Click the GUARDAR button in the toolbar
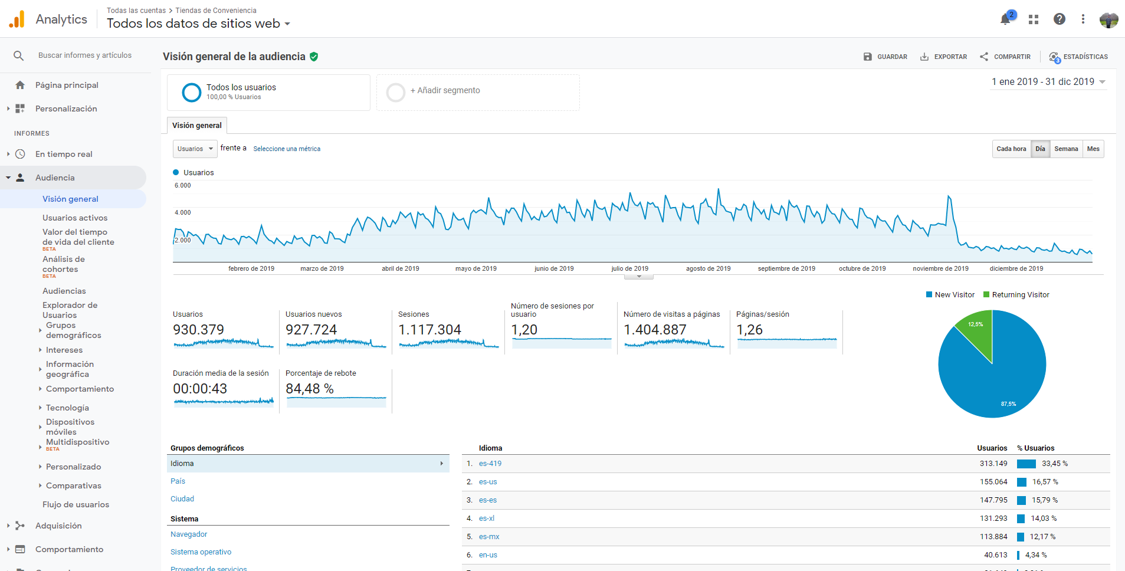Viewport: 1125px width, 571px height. pos(885,57)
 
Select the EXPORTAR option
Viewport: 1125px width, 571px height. pos(943,57)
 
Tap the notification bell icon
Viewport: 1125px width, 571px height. pos(1005,19)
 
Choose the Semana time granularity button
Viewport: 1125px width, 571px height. pos(1066,149)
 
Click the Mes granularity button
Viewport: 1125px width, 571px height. pos(1093,149)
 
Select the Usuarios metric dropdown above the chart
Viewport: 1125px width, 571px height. pos(195,149)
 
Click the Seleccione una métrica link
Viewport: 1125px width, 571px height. pos(287,149)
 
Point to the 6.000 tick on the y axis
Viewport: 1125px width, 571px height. pos(182,185)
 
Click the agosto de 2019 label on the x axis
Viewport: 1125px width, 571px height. pos(708,268)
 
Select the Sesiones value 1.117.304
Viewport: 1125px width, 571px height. pos(429,330)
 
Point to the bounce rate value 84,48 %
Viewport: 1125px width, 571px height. pos(310,389)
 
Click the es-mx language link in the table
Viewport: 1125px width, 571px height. pos(489,537)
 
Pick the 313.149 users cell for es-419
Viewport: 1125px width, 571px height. pos(993,464)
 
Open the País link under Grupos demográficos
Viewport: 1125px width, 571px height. pos(178,481)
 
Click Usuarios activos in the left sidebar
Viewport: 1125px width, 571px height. pos(75,218)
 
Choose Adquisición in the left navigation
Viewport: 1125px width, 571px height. pos(58,526)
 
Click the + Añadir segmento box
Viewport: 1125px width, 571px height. pos(478,93)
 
